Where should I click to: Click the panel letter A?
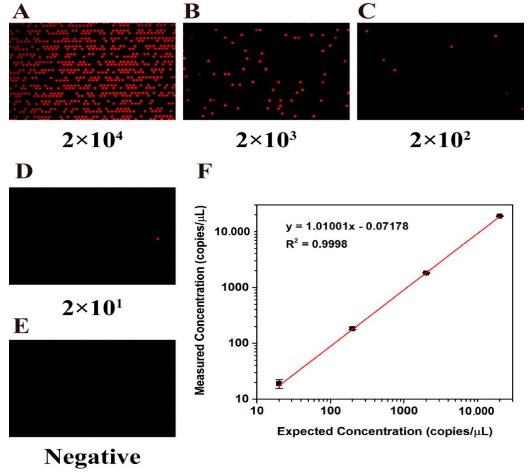tap(21, 12)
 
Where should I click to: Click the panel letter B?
tap(192, 12)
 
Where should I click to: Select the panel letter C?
tap(367, 12)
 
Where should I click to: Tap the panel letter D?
tap(24, 172)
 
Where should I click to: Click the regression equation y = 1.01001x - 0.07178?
tap(347, 226)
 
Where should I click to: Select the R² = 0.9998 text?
tap(316, 244)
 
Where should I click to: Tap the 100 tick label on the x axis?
tap(330, 411)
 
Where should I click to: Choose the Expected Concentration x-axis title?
tap(385, 432)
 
